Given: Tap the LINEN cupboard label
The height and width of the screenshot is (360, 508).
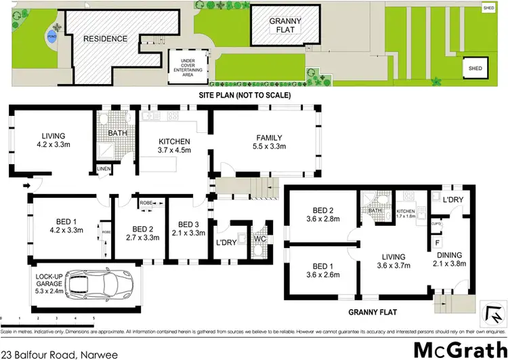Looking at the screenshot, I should pyautogui.click(x=103, y=168).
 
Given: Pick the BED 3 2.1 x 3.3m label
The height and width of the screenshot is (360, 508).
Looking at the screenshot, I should pyautogui.click(x=188, y=228).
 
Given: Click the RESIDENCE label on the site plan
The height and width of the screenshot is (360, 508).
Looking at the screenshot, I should pyautogui.click(x=105, y=39).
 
